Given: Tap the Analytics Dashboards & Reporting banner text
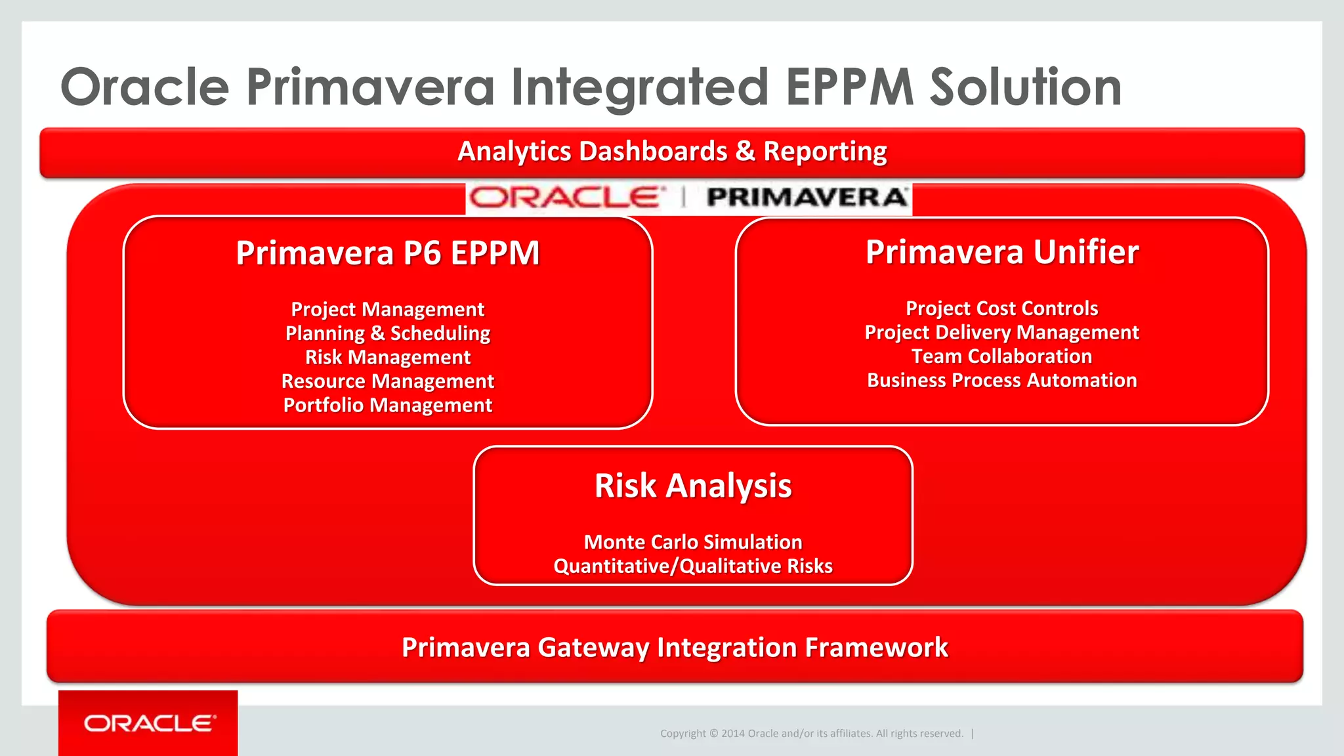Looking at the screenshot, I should point(672,152).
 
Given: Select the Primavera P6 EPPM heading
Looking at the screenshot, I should point(387,253).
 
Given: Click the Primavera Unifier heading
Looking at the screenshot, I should point(1001,253).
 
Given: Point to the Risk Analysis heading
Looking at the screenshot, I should point(693,486).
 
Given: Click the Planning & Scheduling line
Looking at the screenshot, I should point(387,333).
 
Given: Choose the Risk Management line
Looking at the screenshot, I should point(387,358).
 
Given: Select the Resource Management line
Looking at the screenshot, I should point(387,381).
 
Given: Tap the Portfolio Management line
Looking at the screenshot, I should point(387,406).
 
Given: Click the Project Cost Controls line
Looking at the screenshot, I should point(1001,308).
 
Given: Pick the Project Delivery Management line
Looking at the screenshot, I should point(1001,333).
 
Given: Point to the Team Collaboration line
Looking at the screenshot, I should point(1001,356).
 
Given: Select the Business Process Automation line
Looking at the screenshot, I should point(1001,381).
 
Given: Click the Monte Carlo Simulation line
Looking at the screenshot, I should point(693,542).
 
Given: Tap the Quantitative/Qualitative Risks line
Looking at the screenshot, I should point(693,566).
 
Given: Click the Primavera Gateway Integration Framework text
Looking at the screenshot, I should point(675,648).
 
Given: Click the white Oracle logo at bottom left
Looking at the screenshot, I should point(150,723).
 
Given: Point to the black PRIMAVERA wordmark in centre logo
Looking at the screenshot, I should point(807,198).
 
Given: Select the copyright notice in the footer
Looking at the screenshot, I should point(811,734).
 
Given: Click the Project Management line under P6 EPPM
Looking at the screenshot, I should point(387,309).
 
